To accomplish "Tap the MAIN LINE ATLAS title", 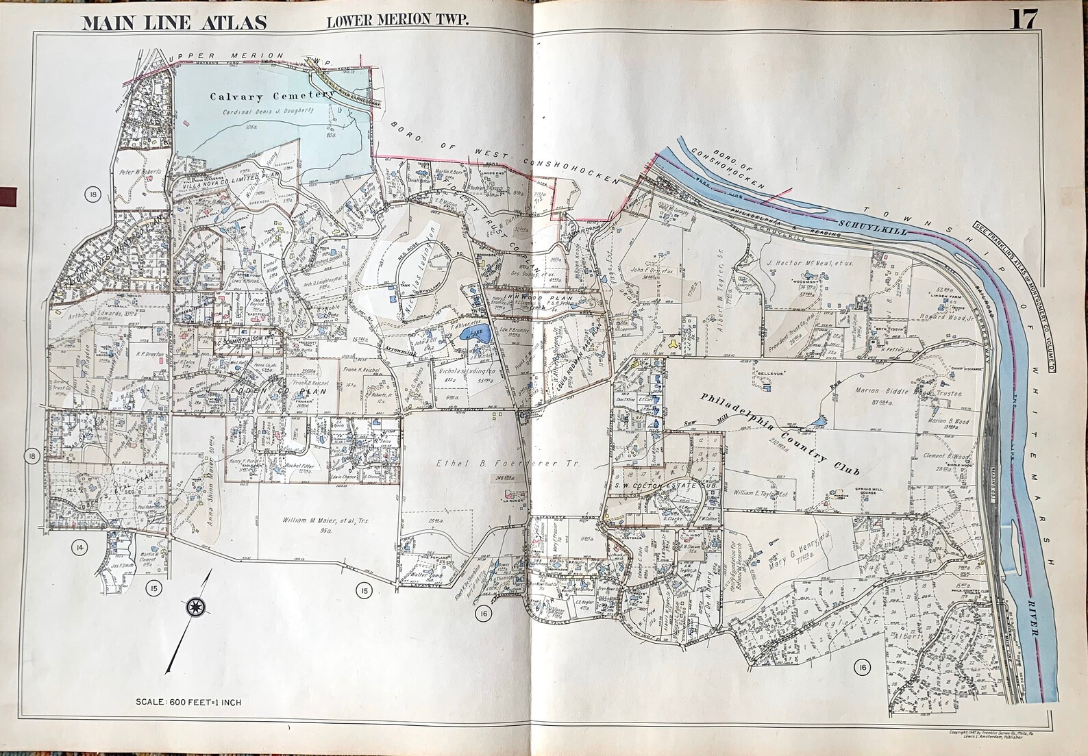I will click(174, 22).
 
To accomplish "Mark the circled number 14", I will click(81, 546).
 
